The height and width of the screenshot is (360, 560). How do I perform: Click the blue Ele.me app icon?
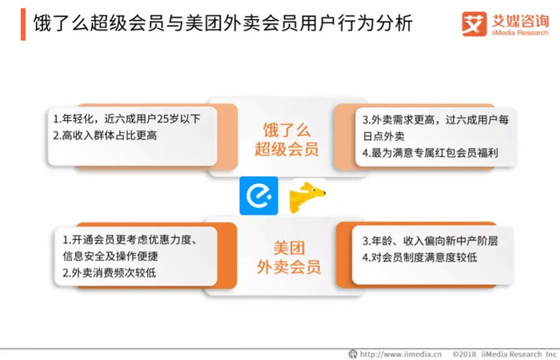(258, 196)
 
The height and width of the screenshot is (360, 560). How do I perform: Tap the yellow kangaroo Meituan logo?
(307, 197)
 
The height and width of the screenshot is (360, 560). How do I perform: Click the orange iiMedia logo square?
(474, 24)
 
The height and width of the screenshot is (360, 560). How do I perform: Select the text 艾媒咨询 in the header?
(520, 21)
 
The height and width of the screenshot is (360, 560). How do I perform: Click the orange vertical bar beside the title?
(23, 24)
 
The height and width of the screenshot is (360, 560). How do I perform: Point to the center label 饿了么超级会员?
(286, 140)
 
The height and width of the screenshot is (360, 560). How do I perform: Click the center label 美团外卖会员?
(289, 258)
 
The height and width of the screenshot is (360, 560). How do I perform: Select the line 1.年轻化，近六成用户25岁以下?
(126, 119)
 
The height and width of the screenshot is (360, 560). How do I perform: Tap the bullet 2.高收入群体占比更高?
(105, 135)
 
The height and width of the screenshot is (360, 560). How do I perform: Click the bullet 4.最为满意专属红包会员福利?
(430, 153)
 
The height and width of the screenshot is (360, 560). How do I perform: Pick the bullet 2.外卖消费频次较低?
(110, 273)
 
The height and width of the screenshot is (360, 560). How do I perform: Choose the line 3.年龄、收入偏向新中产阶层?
(430, 241)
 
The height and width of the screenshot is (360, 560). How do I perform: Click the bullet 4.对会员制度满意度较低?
(420, 257)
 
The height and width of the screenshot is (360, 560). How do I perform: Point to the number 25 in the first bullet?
(163, 119)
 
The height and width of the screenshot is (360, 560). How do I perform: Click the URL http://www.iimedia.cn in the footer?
(401, 354)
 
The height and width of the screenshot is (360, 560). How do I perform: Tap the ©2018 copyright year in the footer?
(464, 354)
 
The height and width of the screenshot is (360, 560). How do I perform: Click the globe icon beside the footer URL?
(353, 354)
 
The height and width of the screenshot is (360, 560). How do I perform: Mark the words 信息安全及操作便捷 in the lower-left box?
(110, 256)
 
